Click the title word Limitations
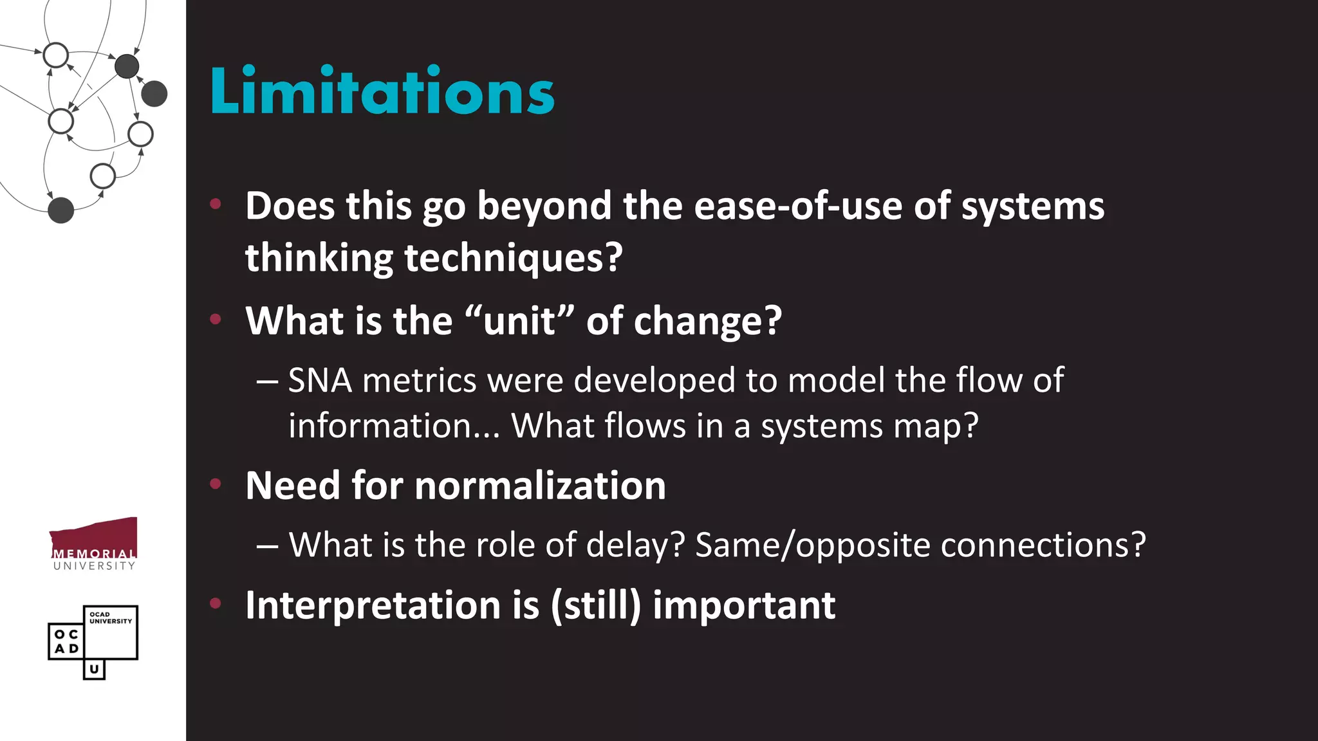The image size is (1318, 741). click(x=382, y=92)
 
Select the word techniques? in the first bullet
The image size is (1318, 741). click(x=513, y=258)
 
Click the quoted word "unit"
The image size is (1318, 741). click(x=519, y=320)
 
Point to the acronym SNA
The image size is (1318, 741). click(x=320, y=380)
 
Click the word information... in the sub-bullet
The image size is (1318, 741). click(x=394, y=426)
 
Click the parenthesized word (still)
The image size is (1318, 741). click(x=596, y=605)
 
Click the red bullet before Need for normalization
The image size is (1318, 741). click(x=216, y=483)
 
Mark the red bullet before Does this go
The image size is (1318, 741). click(x=216, y=205)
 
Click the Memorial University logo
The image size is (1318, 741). click(x=94, y=544)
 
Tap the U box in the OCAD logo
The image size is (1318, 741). click(x=94, y=669)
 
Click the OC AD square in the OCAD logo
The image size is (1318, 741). click(x=66, y=641)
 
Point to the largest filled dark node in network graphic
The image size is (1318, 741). click(x=154, y=94)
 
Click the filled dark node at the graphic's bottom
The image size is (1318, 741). click(x=61, y=210)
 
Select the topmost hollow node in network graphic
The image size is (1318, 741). click(x=56, y=55)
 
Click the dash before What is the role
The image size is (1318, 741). click(x=267, y=546)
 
